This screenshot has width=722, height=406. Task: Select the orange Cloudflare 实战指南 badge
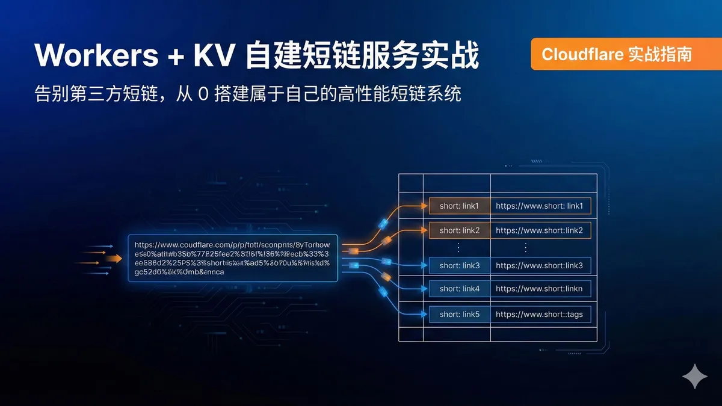(617, 54)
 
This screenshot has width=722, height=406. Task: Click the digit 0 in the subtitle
(203, 94)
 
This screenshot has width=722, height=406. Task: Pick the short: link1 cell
(459, 206)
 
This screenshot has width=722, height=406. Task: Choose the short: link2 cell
(459, 230)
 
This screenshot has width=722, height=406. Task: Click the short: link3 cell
(459, 265)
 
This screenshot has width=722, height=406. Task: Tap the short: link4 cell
(459, 289)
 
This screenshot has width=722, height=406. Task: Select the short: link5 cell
(459, 314)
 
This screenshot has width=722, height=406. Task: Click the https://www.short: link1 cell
(540, 206)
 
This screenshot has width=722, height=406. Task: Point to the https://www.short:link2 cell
(540, 230)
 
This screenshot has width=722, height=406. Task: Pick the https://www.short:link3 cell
(540, 265)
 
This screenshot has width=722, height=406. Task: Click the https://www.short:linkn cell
(540, 289)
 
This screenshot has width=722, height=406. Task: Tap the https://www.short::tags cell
(540, 314)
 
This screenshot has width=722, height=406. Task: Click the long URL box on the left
(233, 258)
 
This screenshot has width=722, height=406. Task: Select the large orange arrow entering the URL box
(113, 258)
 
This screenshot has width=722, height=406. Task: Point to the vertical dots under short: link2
(459, 247)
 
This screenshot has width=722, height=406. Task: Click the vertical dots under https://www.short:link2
(525, 247)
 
